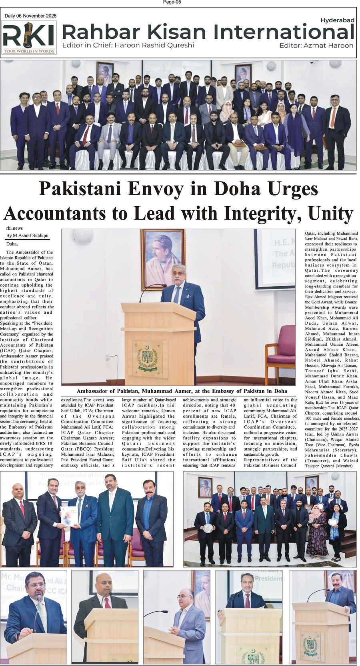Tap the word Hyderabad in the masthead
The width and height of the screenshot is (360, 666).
337,20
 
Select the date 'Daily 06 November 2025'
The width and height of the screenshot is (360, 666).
30,16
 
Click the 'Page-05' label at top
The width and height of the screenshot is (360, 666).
172,2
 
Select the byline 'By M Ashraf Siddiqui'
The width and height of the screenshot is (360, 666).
28,236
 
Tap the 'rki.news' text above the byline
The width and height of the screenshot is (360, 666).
14,228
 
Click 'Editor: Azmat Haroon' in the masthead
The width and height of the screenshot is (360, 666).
316,46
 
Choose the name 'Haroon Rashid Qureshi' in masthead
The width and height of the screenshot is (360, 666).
154,45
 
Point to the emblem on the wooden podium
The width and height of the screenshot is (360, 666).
147,355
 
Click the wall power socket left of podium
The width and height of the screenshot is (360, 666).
108,356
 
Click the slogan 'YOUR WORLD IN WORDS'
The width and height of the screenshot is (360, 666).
29,51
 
